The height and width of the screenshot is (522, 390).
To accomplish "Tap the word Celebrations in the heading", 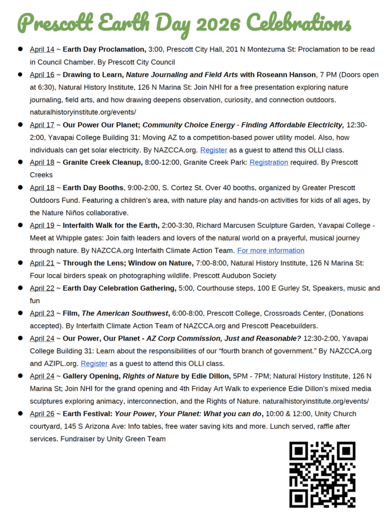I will [299, 23].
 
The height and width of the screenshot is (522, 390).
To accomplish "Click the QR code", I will [322, 474].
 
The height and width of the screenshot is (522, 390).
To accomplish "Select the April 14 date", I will [42, 49].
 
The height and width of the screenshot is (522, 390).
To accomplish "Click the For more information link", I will [271, 250].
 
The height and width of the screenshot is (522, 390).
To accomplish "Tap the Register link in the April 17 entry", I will [213, 150].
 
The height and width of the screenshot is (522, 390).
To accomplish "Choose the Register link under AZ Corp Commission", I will [94, 363].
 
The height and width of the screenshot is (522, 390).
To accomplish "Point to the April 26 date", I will [42, 413].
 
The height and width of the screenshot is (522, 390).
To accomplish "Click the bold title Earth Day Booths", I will [93, 187].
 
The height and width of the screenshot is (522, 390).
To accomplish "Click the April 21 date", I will [42, 263].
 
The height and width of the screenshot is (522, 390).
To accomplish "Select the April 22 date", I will [42, 288].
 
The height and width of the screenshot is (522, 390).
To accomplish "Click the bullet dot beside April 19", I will [21, 225].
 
